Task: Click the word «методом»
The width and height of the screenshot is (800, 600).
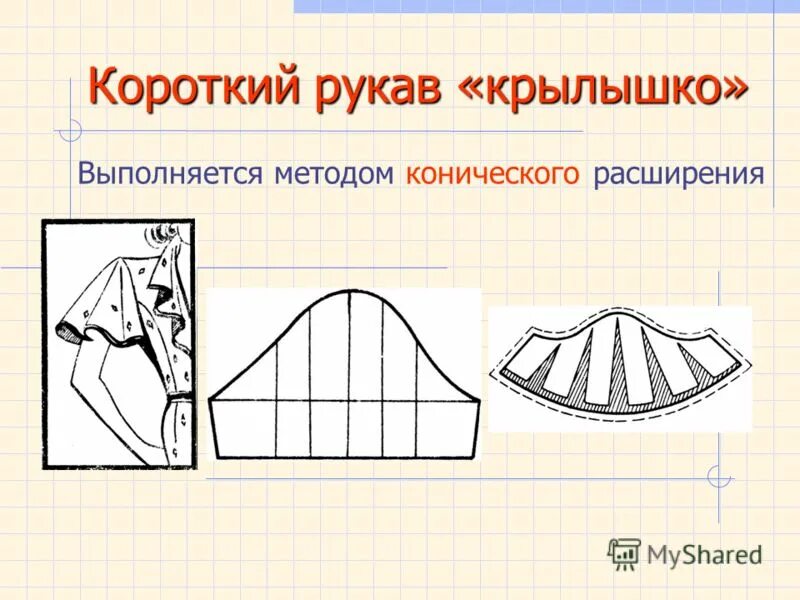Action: tap(334, 174)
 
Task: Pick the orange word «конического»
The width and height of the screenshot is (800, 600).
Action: tap(493, 174)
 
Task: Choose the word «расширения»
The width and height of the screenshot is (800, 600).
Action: tap(679, 174)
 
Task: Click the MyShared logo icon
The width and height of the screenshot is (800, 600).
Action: tap(624, 553)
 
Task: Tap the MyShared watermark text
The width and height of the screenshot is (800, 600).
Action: tap(704, 555)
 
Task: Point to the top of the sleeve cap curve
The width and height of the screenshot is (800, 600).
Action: tap(349, 291)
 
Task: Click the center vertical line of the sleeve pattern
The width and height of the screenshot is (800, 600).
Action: tap(349, 375)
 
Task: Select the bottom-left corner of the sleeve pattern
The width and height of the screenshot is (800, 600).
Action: tap(218, 457)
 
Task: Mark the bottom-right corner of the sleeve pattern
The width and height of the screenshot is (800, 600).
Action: tap(471, 457)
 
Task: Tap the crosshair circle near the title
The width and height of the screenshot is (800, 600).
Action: tap(69, 130)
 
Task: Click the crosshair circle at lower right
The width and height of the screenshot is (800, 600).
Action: tap(718, 478)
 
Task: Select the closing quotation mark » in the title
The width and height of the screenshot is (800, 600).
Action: tap(733, 90)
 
